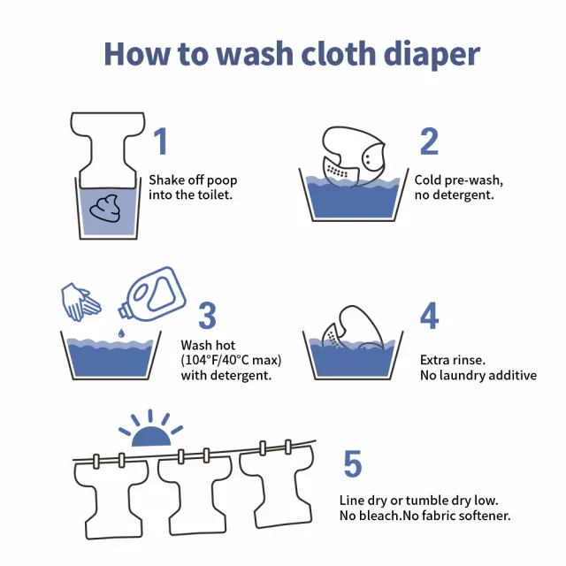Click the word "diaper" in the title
[x=432, y=54]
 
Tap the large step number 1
[x=160, y=141]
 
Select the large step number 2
[x=429, y=141]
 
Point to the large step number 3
[x=207, y=316]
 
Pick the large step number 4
[x=430, y=316]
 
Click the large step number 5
[x=352, y=463]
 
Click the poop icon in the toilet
[x=104, y=209]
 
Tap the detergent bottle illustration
[x=152, y=294]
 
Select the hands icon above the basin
[x=80, y=302]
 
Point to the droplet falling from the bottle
[x=121, y=333]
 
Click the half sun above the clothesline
[x=150, y=429]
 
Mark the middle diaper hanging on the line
[x=195, y=493]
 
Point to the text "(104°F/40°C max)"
[x=231, y=360]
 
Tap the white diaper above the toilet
[x=108, y=149]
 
